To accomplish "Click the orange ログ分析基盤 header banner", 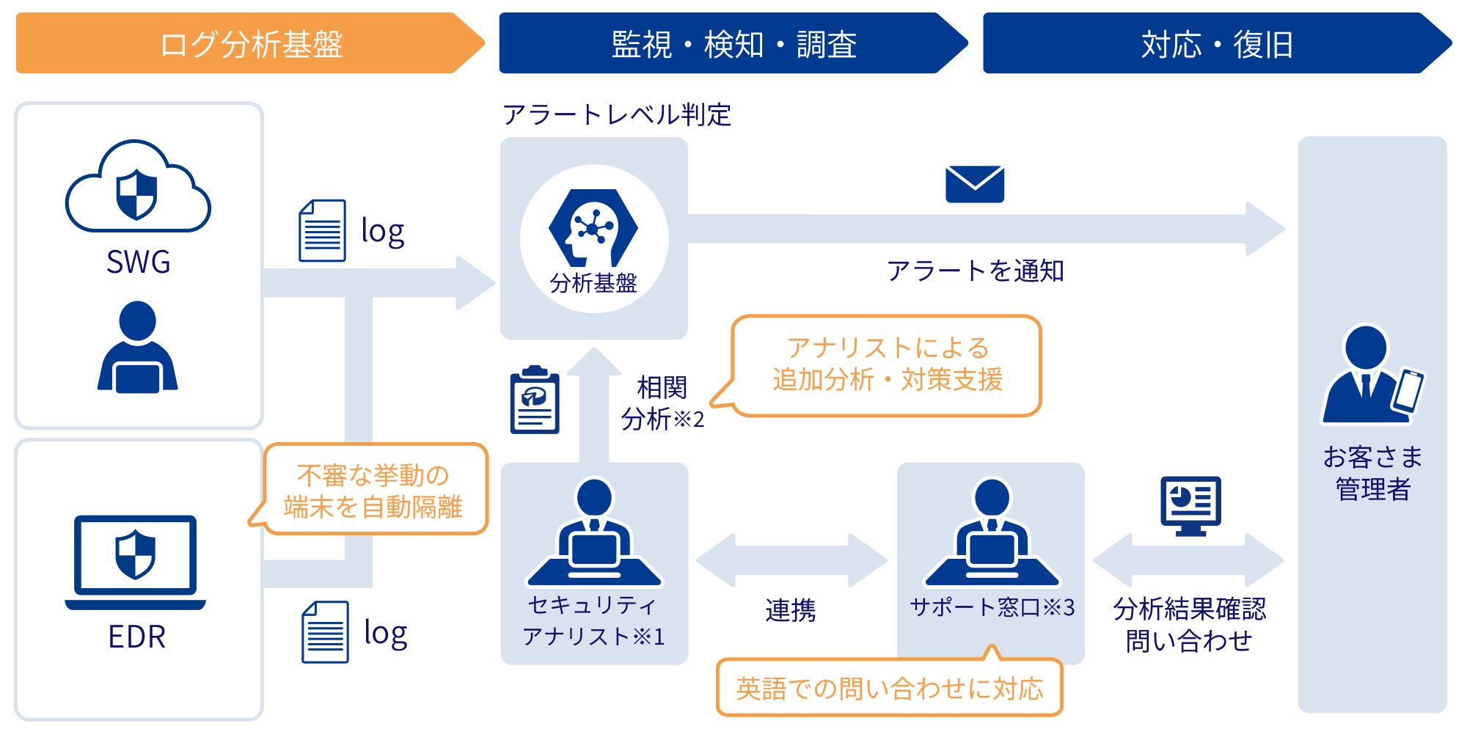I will click(249, 43).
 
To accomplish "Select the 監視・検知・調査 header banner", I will click(733, 43).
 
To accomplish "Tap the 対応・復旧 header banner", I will click(1216, 43).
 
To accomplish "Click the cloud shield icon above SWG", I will click(138, 188).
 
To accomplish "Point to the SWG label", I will click(138, 262).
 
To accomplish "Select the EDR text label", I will click(136, 637).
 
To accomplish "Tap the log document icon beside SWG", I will click(322, 230).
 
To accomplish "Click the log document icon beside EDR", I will click(325, 632).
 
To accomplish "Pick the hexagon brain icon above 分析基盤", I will click(593, 228).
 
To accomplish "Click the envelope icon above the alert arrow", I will click(975, 184).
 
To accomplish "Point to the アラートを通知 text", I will click(975, 271).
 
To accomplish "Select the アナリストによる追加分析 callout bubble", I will click(887, 365).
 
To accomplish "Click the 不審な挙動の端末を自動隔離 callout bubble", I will click(374, 490).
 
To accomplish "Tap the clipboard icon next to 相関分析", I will click(535, 400).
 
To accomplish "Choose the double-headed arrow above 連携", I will click(791, 560).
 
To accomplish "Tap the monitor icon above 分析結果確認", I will click(1190, 505).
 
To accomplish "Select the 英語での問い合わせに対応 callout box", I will click(889, 688).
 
